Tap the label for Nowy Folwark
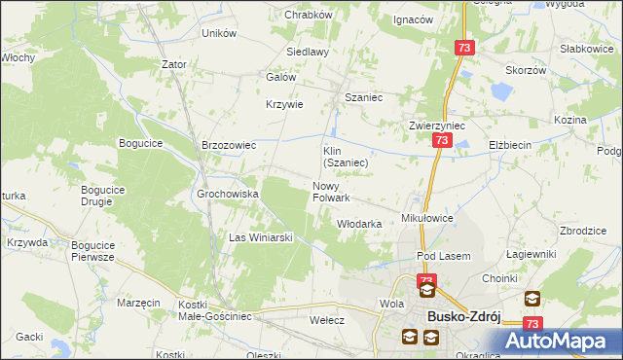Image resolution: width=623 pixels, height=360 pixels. point(331,192)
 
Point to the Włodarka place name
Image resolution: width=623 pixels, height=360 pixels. point(358,224)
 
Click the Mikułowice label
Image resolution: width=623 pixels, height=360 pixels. point(428,219)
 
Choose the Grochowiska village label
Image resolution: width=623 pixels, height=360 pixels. point(228,194)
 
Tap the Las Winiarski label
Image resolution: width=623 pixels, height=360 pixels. point(261,237)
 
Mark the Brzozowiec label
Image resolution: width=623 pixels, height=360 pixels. point(228,145)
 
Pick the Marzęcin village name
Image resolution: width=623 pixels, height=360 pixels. point(138,303)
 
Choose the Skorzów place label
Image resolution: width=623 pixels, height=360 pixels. point(527,70)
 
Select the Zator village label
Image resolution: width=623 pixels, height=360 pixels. point(174,64)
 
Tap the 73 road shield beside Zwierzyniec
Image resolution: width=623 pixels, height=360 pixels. point(442,141)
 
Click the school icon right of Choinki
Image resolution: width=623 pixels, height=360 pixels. point(532,299)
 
